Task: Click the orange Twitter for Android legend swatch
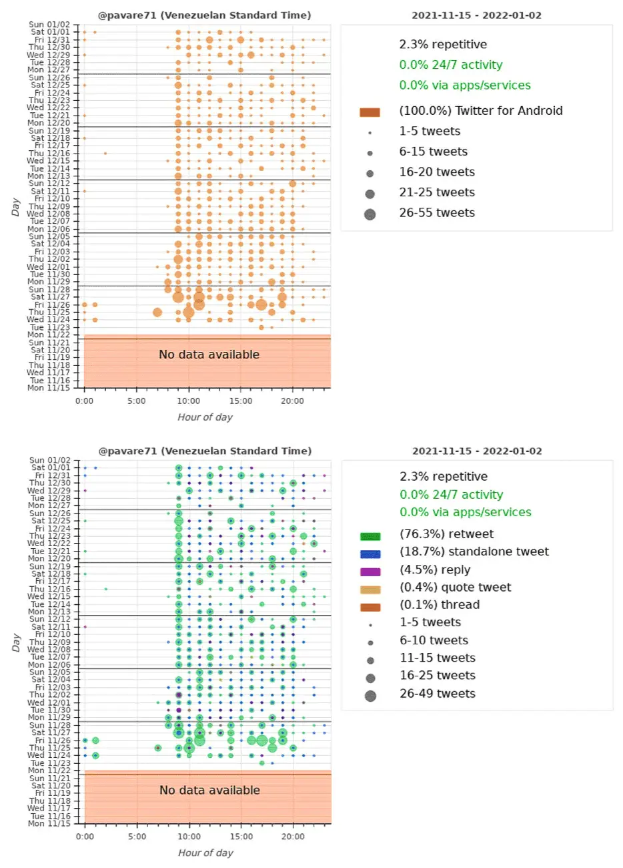click(370, 112)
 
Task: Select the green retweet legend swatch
click(370, 536)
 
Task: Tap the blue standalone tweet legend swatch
click(370, 554)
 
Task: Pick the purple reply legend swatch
click(370, 572)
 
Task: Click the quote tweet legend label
click(455, 588)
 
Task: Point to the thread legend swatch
click(370, 607)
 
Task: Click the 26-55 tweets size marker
click(370, 214)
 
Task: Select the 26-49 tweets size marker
click(370, 696)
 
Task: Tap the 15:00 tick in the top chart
click(241, 401)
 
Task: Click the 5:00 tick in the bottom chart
click(137, 837)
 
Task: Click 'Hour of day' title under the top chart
click(205, 417)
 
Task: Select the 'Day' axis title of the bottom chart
click(16, 643)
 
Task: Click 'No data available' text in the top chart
click(209, 355)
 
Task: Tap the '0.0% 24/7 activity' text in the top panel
click(450, 65)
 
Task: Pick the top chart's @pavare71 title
click(204, 15)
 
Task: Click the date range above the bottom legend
click(477, 451)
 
